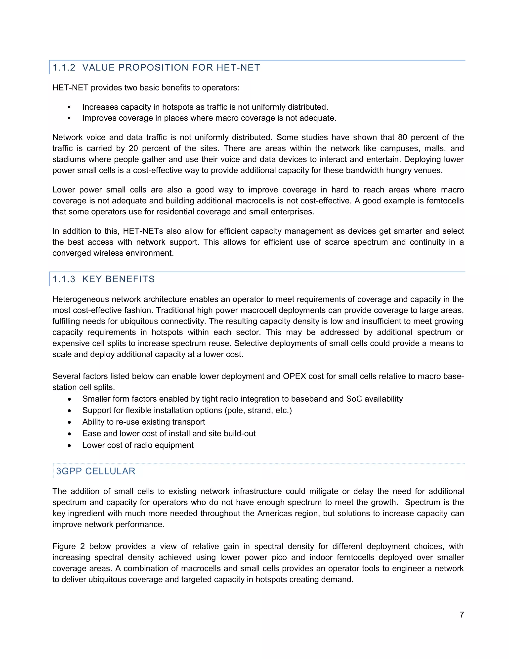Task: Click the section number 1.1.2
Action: [x=64, y=68]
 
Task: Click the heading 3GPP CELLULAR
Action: [x=96, y=471]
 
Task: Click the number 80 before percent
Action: [x=402, y=137]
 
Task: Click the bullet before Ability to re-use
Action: [x=69, y=422]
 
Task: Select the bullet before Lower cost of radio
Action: [x=69, y=445]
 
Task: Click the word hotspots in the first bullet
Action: [x=178, y=107]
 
